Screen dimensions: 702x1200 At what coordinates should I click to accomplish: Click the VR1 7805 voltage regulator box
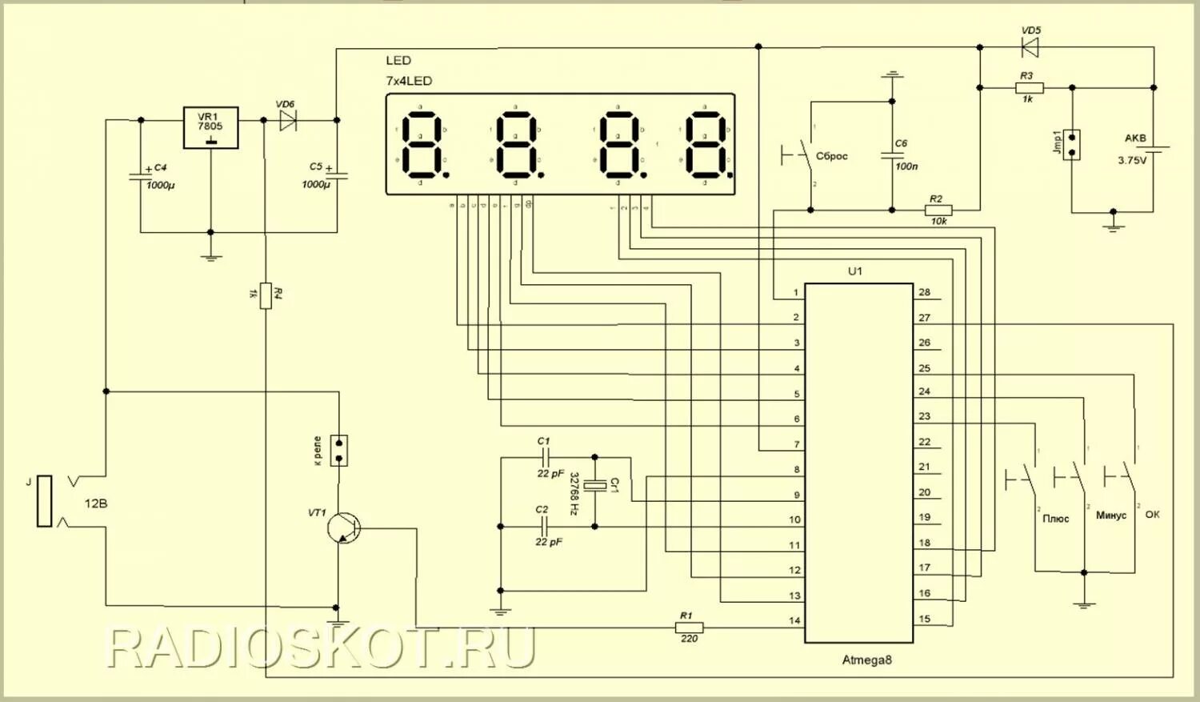[210, 127]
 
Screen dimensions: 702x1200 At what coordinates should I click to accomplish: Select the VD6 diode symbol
[286, 121]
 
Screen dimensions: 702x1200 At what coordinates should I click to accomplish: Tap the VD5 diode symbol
[1030, 48]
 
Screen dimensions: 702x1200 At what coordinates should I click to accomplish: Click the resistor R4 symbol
[266, 295]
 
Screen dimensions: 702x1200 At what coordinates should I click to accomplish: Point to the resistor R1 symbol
[689, 628]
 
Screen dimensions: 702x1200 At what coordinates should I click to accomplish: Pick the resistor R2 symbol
[938, 211]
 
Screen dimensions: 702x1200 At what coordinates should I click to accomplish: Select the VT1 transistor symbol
[345, 528]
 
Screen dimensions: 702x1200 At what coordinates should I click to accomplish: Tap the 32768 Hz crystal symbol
[594, 485]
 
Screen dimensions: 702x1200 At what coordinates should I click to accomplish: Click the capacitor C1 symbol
[545, 458]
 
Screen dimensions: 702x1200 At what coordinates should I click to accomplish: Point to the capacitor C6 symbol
[892, 155]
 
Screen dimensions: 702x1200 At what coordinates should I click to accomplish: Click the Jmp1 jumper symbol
[1071, 144]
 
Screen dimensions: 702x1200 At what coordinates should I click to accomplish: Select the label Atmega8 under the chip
[866, 660]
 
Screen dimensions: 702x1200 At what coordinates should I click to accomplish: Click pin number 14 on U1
[794, 620]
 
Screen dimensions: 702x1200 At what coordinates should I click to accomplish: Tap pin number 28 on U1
[924, 292]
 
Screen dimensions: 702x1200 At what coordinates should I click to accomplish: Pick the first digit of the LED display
[422, 145]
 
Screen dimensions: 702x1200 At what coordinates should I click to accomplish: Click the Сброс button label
[832, 156]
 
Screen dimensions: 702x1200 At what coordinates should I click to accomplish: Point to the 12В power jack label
[96, 503]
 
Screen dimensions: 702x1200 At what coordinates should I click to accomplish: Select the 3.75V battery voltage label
[1132, 160]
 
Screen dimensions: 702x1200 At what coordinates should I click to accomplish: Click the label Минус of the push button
[1110, 515]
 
